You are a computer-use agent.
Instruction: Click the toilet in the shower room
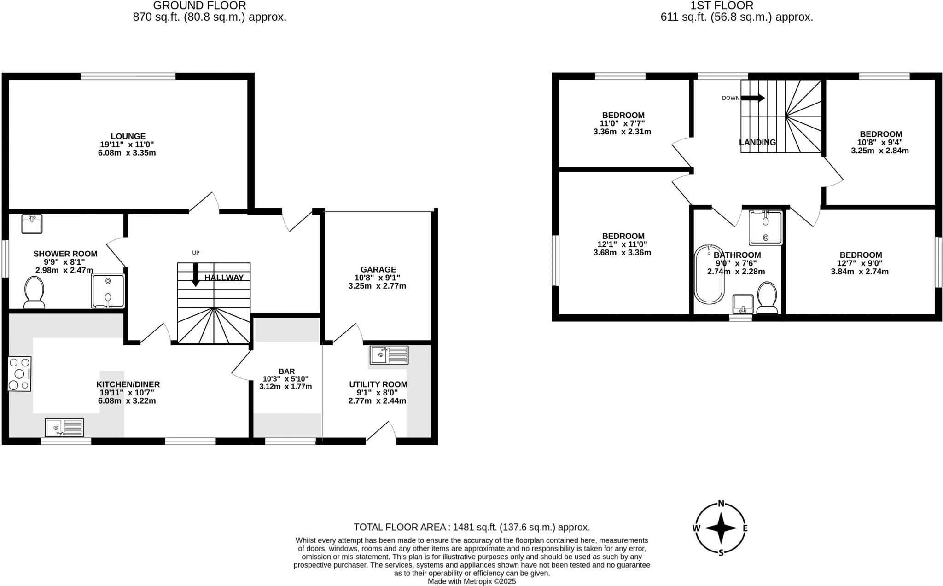pos(34,292)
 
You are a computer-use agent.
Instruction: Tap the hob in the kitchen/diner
pos(20,374)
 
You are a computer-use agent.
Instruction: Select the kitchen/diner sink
pos(64,427)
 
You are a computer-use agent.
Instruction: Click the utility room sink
pos(389,355)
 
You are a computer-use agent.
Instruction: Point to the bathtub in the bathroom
pos(709,274)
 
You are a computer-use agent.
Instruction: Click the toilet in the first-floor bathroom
pos(767,297)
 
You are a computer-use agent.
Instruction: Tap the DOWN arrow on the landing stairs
pos(752,98)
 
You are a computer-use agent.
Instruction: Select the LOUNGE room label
pos(128,136)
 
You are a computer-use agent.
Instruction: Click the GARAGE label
pos(378,269)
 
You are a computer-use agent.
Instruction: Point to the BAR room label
pos(286,371)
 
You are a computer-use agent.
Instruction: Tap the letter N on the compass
pos(722,503)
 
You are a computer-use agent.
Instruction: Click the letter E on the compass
pos(745,528)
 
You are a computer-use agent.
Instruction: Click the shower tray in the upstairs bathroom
pos(765,228)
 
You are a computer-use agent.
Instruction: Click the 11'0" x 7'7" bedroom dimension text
pos(623,123)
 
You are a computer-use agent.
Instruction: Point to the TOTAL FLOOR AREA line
pos(471,527)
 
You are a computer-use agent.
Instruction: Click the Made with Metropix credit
pos(471,581)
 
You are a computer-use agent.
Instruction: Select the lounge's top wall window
pos(128,76)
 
